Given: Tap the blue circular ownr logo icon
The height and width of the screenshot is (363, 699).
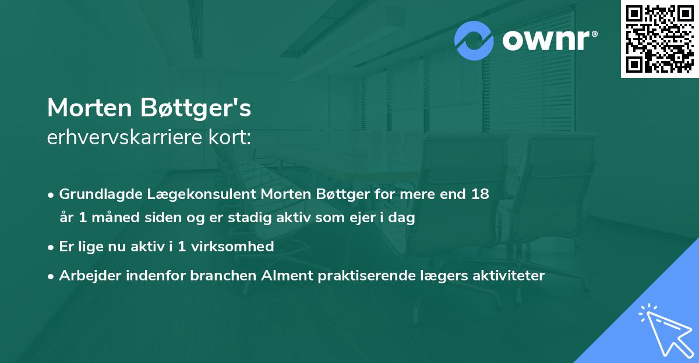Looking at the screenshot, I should (x=474, y=41).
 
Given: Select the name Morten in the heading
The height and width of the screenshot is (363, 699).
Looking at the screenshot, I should (x=90, y=108).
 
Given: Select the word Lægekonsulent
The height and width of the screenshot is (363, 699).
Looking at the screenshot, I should (x=196, y=194).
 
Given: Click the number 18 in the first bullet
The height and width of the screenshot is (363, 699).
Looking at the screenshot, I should (x=480, y=194).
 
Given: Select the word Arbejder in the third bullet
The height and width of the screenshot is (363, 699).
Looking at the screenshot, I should (x=87, y=275).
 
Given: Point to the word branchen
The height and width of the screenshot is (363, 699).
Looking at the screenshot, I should (x=217, y=275).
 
